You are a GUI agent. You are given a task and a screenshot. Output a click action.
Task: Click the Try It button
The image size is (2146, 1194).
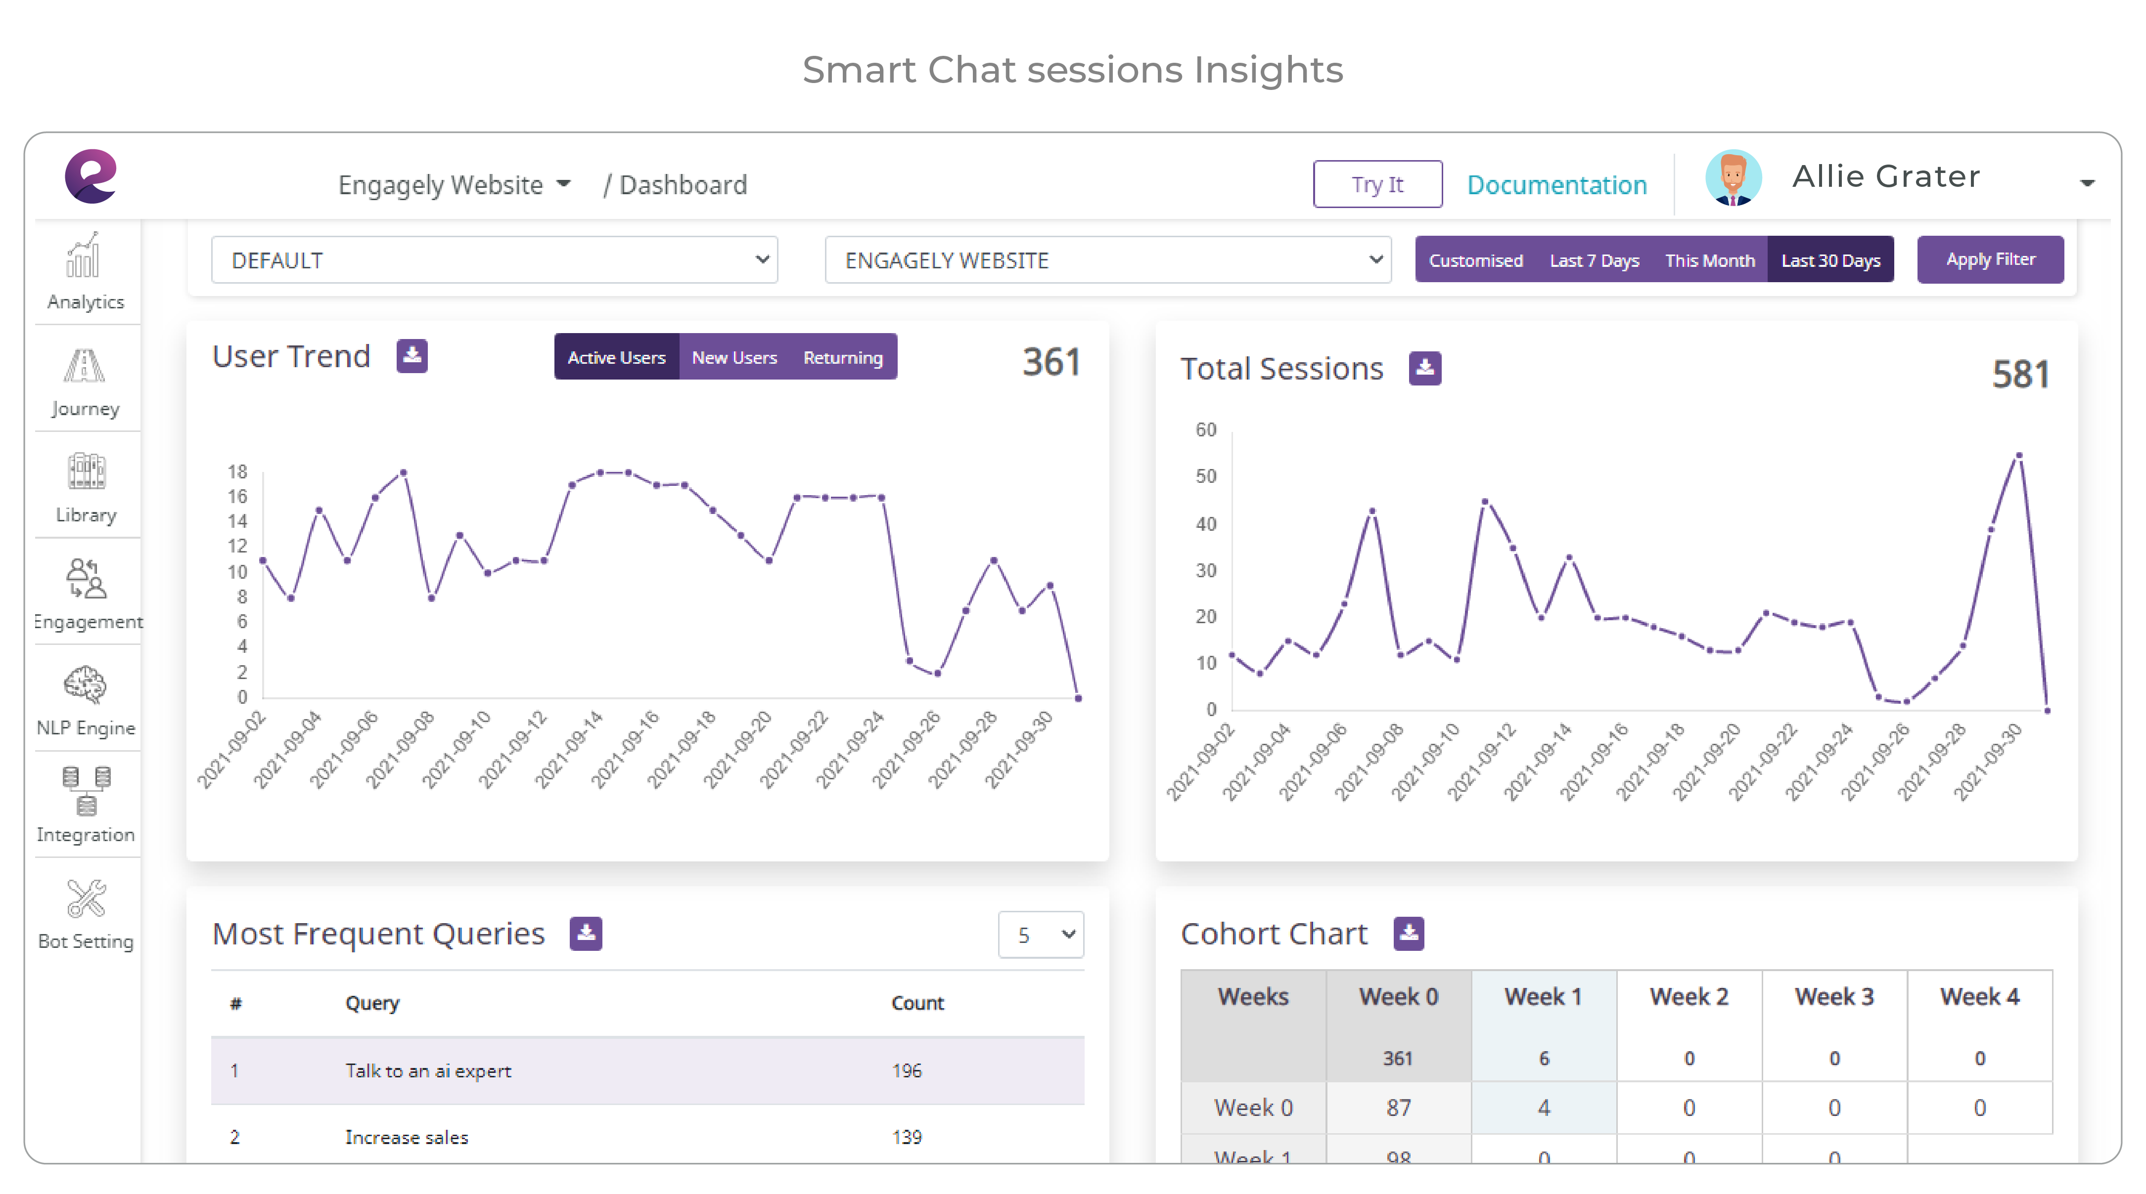pyautogui.click(x=1377, y=184)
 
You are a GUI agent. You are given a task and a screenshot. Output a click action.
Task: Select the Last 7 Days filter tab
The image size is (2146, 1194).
pyautogui.click(x=1594, y=260)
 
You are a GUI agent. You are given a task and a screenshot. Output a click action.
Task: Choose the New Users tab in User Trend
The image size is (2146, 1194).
pyautogui.click(x=734, y=357)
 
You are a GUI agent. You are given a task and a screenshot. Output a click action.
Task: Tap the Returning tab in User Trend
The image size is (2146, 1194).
pyautogui.click(x=842, y=357)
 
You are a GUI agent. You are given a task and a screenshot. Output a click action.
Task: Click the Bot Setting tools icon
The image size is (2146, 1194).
pyautogui.click(x=86, y=898)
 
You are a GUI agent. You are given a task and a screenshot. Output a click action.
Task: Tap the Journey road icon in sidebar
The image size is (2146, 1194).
pyautogui.click(x=85, y=366)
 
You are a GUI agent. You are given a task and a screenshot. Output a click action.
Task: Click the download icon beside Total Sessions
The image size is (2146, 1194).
pyautogui.click(x=1424, y=368)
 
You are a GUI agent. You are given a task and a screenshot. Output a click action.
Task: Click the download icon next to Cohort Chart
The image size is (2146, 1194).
pyautogui.click(x=1409, y=934)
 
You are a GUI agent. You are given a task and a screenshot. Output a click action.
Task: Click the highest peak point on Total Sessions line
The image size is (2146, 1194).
pyautogui.click(x=2018, y=456)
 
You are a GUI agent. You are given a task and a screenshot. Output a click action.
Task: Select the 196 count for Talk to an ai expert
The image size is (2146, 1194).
pyautogui.click(x=907, y=1071)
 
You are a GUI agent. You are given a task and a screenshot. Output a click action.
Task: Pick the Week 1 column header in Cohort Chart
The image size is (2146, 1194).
pyautogui.click(x=1543, y=997)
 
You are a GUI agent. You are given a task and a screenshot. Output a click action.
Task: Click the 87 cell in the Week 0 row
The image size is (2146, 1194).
pyautogui.click(x=1398, y=1108)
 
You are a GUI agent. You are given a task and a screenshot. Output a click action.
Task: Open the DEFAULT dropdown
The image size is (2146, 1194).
pyautogui.click(x=494, y=260)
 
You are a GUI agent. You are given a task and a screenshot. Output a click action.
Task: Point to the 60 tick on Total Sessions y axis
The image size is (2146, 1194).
pyautogui.click(x=1205, y=429)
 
